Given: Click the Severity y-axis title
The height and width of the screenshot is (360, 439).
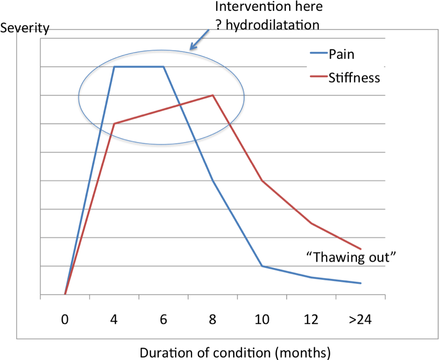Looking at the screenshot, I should [25, 28].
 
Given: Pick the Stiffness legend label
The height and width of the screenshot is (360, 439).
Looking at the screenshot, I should [354, 78].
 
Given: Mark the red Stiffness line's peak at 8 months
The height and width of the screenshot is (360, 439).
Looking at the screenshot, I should [213, 95].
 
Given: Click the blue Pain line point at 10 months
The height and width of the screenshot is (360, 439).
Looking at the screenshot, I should [262, 266].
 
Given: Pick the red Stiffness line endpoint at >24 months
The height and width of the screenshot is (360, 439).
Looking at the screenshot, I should [360, 249].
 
